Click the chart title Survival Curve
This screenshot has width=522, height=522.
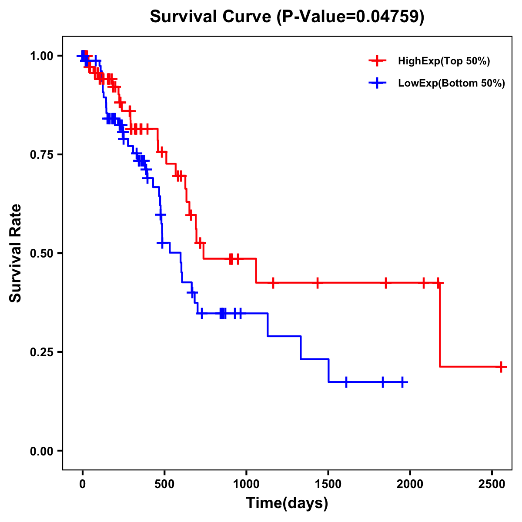pyautogui.click(x=287, y=17)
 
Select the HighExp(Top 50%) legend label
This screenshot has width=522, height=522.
pyautogui.click(x=444, y=61)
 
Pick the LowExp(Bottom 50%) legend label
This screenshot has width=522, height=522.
pyautogui.click(x=452, y=84)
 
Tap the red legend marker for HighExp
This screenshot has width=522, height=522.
pyautogui.click(x=378, y=61)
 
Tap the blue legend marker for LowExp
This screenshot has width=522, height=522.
pyautogui.click(x=378, y=83)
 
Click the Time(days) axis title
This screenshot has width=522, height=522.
pyautogui.click(x=287, y=503)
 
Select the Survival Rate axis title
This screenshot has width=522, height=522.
pyautogui.click(x=16, y=253)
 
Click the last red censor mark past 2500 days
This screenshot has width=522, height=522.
pyautogui.click(x=501, y=367)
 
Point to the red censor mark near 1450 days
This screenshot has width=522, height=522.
pyautogui.click(x=318, y=283)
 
